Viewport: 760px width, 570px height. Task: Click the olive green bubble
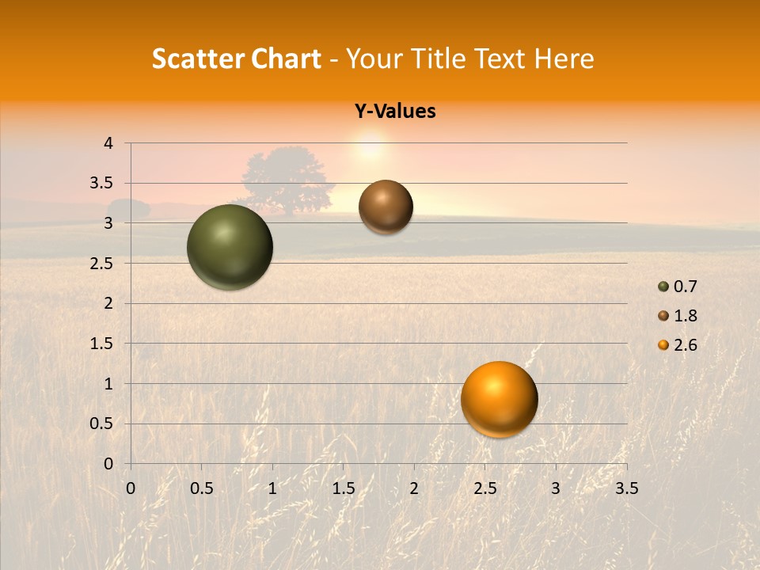point(230,247)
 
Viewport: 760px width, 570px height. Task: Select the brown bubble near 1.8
point(386,207)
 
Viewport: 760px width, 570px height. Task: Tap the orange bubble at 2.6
point(499,399)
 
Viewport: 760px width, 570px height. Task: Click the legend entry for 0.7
point(677,287)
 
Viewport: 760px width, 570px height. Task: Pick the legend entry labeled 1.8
point(677,316)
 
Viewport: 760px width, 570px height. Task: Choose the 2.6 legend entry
point(677,345)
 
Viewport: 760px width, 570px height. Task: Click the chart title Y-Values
point(395,112)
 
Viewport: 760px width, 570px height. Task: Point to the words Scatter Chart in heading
point(236,59)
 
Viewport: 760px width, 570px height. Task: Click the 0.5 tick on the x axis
point(201,488)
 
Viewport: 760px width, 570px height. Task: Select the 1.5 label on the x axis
point(343,488)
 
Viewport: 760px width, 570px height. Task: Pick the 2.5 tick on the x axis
point(484,488)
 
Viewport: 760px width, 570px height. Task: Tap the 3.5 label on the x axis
point(626,488)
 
